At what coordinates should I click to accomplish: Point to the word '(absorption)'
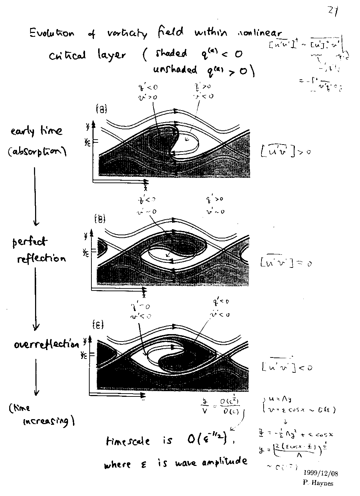37,152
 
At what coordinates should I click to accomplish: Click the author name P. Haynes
318,482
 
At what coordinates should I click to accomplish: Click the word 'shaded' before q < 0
171,53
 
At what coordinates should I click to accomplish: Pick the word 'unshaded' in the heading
175,69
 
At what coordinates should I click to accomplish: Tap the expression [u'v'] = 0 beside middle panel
285,263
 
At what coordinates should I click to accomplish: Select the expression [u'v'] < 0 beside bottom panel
286,367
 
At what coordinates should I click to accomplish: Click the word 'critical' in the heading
67,56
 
